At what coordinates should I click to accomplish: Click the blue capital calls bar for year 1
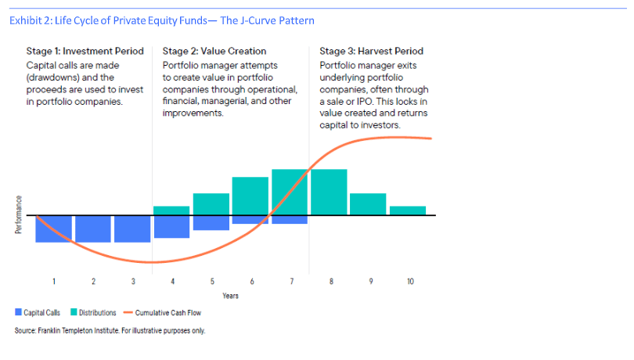point(54,229)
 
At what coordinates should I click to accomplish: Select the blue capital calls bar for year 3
point(132,229)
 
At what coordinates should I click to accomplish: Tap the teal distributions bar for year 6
point(250,196)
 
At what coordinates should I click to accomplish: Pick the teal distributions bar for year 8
point(329,193)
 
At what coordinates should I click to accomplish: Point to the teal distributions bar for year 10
point(408,211)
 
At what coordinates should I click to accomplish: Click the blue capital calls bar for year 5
point(211,223)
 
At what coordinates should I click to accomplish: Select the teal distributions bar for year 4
point(171,211)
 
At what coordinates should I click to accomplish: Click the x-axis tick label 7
point(291,281)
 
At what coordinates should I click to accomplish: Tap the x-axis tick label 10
point(410,281)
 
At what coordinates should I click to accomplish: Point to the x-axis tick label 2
point(93,281)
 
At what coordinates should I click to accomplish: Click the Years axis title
point(230,296)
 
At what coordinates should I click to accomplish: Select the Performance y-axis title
point(18,214)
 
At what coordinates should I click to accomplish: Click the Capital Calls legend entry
point(38,313)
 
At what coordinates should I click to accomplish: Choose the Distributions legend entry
point(93,313)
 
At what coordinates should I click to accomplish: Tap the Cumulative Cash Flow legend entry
point(163,313)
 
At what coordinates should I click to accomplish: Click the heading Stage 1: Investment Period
point(85,51)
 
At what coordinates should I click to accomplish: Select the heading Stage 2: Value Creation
point(214,51)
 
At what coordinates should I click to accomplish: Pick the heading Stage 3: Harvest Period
point(372,51)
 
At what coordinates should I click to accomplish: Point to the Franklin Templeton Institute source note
point(110,330)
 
